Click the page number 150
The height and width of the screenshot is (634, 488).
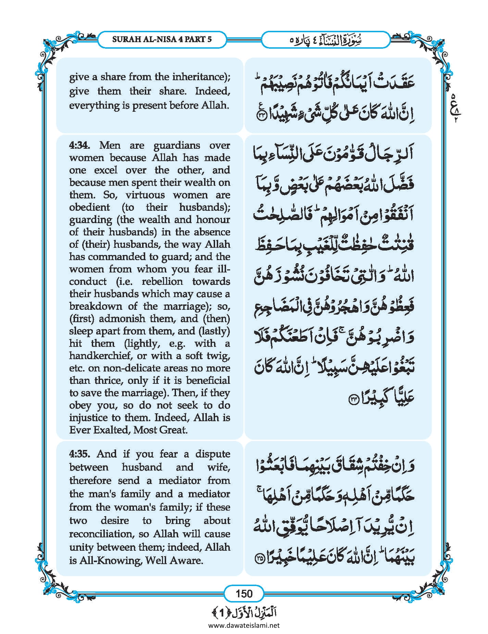point(244,594)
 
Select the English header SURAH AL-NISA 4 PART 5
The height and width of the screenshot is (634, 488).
point(162,39)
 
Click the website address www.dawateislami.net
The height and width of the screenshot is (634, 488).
point(244,625)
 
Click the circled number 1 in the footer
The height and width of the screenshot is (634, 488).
point(222,613)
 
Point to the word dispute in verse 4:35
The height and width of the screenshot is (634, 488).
point(212,454)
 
